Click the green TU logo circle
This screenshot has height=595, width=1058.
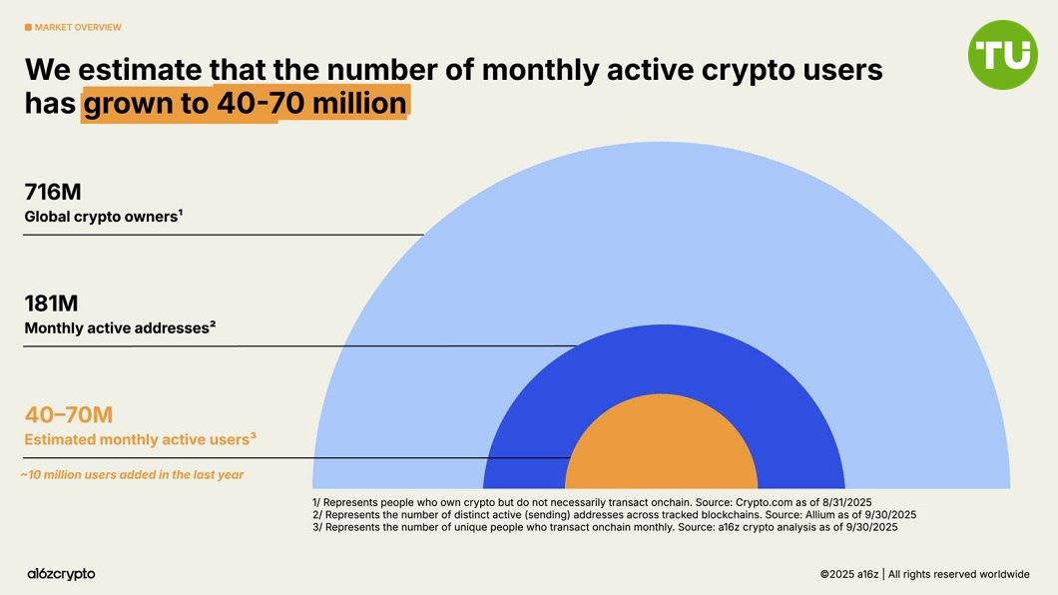coord(1003,55)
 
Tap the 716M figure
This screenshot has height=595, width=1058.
coord(53,193)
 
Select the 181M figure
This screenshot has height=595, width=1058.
coord(51,303)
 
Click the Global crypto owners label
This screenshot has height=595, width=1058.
coord(103,216)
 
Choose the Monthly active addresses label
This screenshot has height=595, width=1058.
coord(119,327)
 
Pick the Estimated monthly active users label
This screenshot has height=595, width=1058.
coord(140,438)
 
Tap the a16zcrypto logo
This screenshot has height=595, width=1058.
coord(61,574)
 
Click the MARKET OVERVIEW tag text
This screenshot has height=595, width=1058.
coord(77,27)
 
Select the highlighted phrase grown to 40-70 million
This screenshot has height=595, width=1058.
coord(245,103)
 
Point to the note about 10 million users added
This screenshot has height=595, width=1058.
coord(132,475)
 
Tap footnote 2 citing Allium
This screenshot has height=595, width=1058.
coord(614,514)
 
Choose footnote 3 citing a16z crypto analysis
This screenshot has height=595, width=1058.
coord(605,527)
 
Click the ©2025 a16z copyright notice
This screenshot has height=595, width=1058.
coord(924,574)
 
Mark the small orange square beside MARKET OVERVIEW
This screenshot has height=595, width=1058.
coord(28,27)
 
